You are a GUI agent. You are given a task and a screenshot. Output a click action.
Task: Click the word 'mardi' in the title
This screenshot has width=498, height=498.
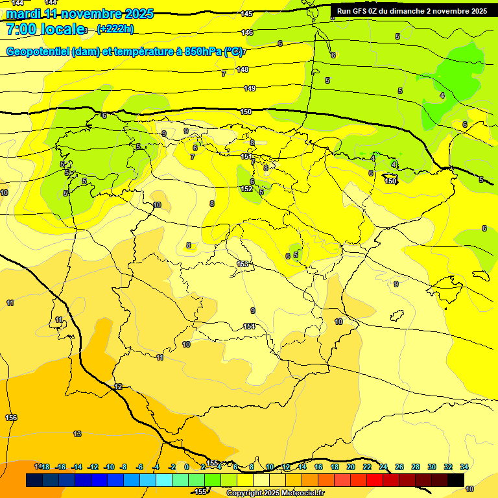pyautogui.click(x=21, y=14)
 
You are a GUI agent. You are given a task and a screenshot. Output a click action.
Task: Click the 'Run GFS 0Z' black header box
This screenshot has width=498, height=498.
pyautogui.click(x=412, y=11)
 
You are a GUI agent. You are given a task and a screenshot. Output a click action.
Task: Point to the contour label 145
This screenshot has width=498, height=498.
pyautogui.click(x=246, y=14)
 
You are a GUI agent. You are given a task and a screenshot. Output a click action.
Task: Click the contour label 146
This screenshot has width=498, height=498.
pyautogui.click(x=247, y=32)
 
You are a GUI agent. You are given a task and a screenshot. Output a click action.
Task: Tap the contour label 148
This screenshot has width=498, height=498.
pyautogui.click(x=243, y=69)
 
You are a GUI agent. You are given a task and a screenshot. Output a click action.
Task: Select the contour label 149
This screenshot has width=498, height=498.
pyautogui.click(x=250, y=88)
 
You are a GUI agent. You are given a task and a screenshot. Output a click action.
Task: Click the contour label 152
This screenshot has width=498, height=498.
pyautogui.click(x=246, y=189)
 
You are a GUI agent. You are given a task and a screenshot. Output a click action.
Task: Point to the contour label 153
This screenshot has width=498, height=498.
pyautogui.click(x=243, y=263)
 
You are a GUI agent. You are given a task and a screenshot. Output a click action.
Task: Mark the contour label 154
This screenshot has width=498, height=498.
pyautogui.click(x=249, y=326)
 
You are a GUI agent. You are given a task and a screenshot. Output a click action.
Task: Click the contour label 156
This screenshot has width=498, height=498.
pyautogui.click(x=11, y=418)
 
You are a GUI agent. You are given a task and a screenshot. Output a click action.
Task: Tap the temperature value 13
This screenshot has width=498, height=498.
pyautogui.click(x=77, y=434)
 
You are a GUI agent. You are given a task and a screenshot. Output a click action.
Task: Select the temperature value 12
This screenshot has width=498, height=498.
pyautogui.click(x=118, y=386)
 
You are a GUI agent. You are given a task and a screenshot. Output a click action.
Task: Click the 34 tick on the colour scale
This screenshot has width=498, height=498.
pyautogui.click(x=464, y=467)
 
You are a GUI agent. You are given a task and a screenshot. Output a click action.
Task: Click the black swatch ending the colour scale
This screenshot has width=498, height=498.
pyautogui.click(x=456, y=480)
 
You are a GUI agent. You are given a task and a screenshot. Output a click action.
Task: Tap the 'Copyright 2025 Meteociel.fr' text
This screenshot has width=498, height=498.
pyautogui.click(x=275, y=493)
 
